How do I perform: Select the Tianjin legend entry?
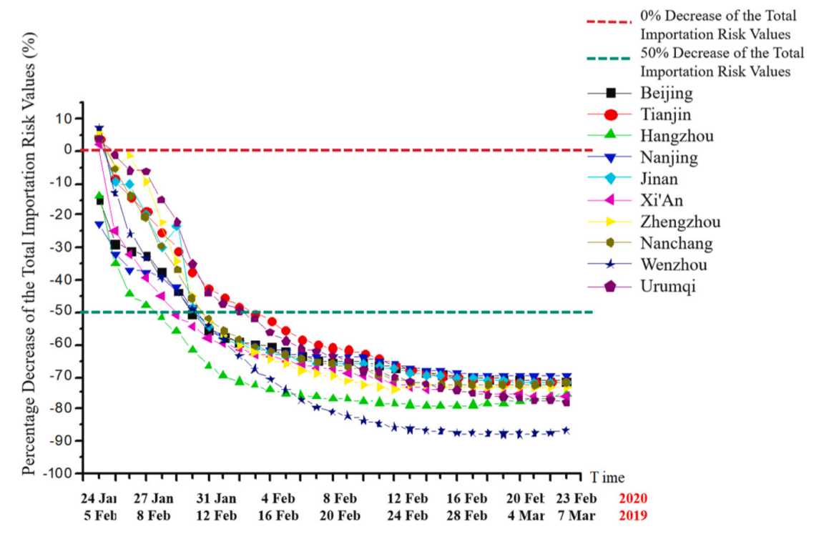pyautogui.click(x=666, y=114)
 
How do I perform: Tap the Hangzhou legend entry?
pyautogui.click(x=676, y=136)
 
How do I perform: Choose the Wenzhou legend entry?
pyautogui.click(x=675, y=265)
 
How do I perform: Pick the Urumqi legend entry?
pyautogui.click(x=667, y=287)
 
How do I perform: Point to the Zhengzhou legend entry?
pyautogui.click(x=680, y=222)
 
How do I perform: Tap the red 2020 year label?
pyautogui.click(x=635, y=499)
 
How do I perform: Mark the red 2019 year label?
pyautogui.click(x=635, y=515)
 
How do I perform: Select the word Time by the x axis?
pyautogui.click(x=607, y=477)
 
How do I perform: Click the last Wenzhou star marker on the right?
pyautogui.click(x=566, y=430)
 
